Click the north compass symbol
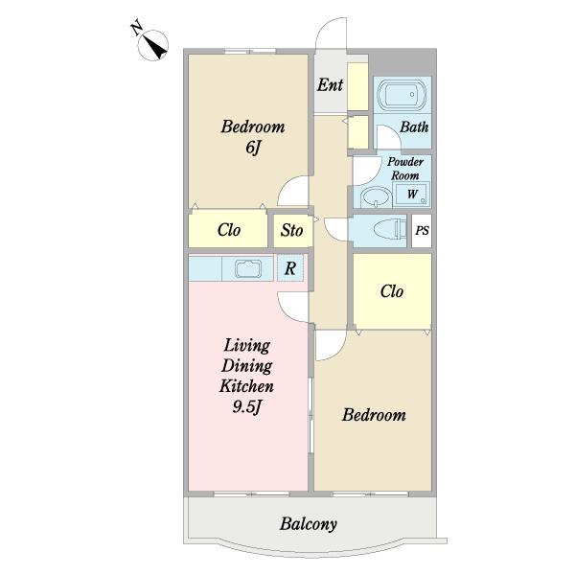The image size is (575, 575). point(153,45)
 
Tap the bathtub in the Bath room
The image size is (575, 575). point(402,95)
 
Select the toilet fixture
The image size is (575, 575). point(390,230)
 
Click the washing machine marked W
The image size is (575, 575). point(411,194)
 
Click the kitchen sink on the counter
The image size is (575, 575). point(248,268)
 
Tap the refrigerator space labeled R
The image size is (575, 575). point(290,268)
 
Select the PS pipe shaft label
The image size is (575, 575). point(422,231)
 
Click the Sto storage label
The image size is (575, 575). point(292,230)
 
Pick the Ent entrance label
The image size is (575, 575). point(330,85)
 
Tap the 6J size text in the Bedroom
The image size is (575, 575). point(253,148)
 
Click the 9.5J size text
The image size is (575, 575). point(247,406)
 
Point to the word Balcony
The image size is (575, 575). point(308,524)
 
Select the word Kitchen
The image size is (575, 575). point(246,386)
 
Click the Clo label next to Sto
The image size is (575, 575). point(229,230)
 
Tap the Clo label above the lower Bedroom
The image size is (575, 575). point(392,291)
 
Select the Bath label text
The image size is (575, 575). point(414,127)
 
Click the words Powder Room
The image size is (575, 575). point(405,169)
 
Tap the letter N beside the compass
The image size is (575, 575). point(136,29)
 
